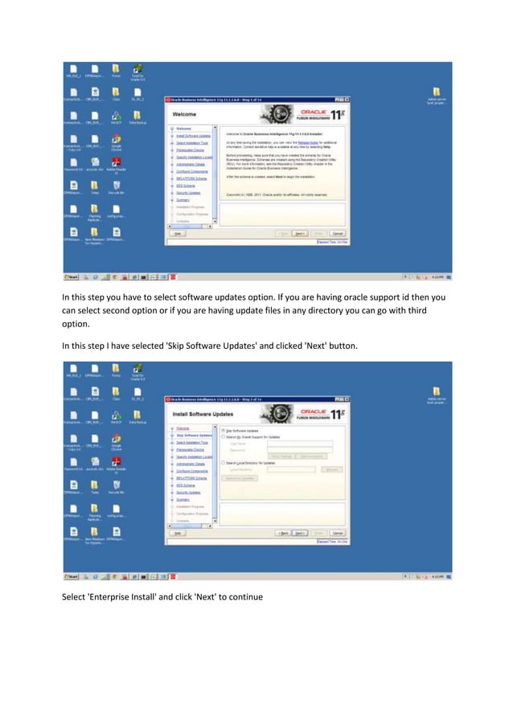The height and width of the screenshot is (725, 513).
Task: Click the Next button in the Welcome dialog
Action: click(x=299, y=233)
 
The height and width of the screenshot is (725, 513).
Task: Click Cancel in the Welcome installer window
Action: click(x=338, y=233)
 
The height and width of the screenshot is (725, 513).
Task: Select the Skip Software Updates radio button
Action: click(x=223, y=430)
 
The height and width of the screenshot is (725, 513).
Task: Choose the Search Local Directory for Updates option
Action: click(x=223, y=463)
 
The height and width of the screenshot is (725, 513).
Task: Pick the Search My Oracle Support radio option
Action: click(x=223, y=436)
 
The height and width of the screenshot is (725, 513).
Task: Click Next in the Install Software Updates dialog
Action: click(x=299, y=532)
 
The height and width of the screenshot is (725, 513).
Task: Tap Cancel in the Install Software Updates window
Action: click(x=338, y=532)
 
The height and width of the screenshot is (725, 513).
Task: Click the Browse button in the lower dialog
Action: click(x=330, y=469)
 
